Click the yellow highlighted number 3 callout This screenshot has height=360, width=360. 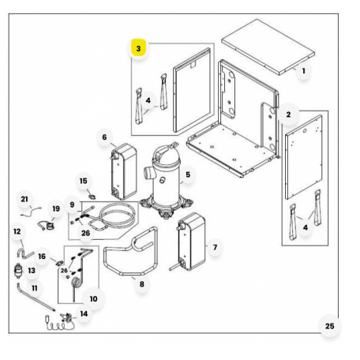[138, 48]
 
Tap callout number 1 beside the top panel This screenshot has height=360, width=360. [303, 71]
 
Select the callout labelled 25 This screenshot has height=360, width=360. [329, 326]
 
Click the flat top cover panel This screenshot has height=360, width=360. [268, 47]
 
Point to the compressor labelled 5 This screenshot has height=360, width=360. [167, 182]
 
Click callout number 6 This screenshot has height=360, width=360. [104, 137]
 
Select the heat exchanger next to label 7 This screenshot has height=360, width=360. [191, 242]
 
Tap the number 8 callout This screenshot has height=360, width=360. [142, 284]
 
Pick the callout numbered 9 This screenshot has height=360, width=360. [72, 204]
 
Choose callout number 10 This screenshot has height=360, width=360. [93, 298]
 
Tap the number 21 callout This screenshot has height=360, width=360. [24, 199]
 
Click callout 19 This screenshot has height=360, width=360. [56, 208]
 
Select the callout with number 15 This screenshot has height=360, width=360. [83, 181]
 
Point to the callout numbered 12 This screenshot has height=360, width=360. [17, 231]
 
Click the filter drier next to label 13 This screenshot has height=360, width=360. [17, 271]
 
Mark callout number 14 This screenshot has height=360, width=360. [84, 313]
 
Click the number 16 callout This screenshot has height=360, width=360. [42, 256]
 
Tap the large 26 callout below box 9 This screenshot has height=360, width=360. [85, 233]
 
